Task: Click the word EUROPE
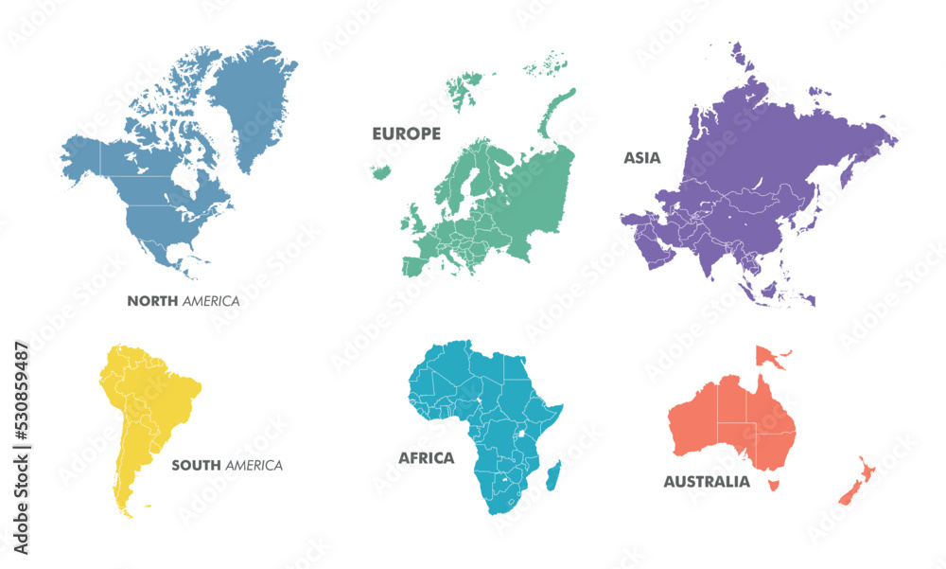pos(406,134)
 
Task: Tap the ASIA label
pos(641,158)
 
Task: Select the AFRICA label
pos(426,458)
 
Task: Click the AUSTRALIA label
pos(707,482)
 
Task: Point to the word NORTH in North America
pos(152,301)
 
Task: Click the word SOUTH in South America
pos(196,466)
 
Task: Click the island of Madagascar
pos(554,474)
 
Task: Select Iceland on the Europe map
pos(382,172)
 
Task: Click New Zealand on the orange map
pos(856,483)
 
